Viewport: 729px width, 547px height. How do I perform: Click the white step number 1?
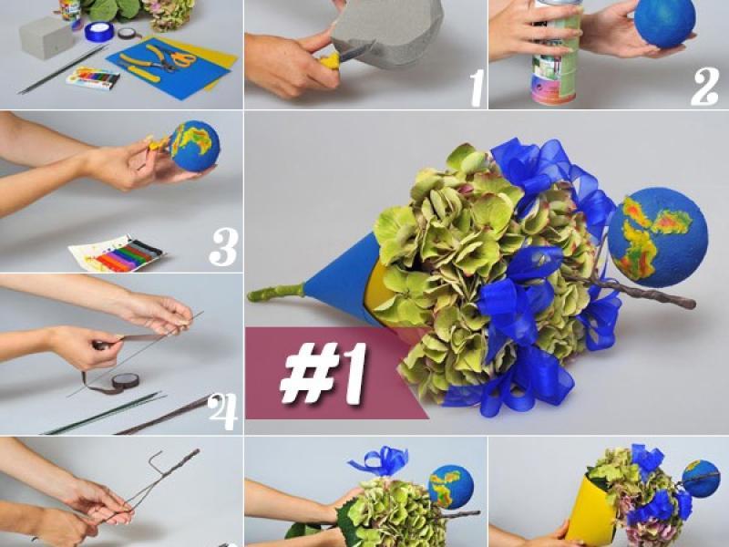(x=477, y=88)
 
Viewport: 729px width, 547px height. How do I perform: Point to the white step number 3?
(x=223, y=247)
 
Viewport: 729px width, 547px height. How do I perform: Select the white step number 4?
(x=222, y=412)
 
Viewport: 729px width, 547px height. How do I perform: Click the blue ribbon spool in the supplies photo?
(x=99, y=32)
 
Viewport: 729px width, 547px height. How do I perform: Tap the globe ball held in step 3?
(x=194, y=146)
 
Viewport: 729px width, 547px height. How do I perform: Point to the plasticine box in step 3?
(x=118, y=253)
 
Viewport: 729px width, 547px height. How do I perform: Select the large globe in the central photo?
(x=657, y=237)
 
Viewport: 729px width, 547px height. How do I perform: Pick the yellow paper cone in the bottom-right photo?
(x=591, y=511)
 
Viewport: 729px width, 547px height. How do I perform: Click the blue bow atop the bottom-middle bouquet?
(x=379, y=461)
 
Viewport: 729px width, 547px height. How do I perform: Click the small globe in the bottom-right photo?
(x=701, y=479)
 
